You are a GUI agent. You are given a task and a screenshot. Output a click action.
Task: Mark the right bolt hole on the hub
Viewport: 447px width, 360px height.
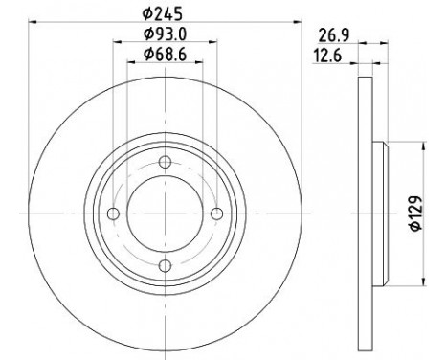(x=216, y=214)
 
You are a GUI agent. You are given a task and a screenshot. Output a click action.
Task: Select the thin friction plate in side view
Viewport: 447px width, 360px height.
(x=365, y=214)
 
